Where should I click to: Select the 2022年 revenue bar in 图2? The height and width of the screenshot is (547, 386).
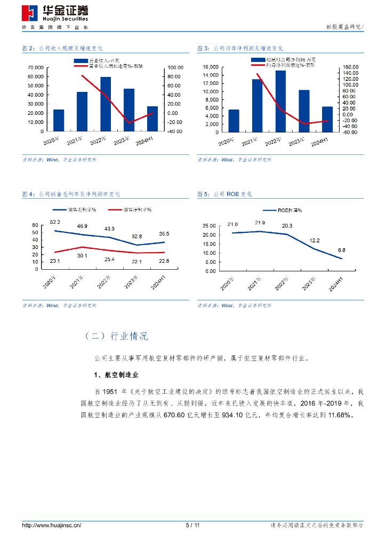point(106,104)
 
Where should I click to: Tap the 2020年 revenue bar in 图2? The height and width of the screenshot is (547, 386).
point(59,120)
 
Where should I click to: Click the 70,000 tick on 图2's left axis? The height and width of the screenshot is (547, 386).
point(36,68)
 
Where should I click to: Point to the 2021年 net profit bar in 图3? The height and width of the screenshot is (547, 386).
point(257,105)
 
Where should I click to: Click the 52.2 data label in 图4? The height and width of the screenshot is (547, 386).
point(55,222)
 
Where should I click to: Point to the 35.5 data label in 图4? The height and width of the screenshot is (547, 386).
point(164,234)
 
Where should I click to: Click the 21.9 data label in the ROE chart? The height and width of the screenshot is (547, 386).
point(260,223)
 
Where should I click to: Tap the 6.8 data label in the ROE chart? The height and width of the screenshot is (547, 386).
point(342,250)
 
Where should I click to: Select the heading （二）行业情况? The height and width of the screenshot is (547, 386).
point(116,336)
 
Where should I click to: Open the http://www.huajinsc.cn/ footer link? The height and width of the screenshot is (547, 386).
point(51,525)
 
